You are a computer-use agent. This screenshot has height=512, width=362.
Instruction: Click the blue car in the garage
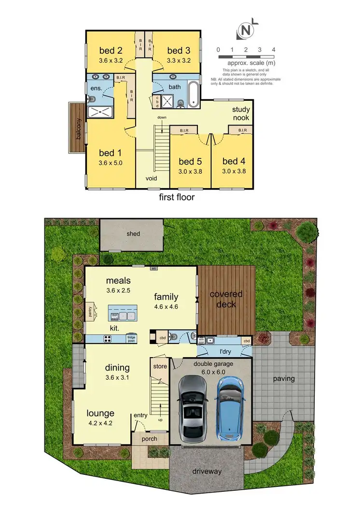pos(230,408)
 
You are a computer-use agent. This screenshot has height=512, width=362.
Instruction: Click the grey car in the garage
pos(193,409)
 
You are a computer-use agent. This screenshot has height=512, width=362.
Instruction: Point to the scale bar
pos(246,57)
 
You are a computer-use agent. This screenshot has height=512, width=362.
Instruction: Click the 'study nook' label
pos(240,113)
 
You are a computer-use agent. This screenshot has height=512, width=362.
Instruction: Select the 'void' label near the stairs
pos(152,178)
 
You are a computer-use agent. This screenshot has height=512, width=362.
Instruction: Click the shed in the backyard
pos(134,234)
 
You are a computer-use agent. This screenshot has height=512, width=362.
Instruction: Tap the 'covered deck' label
pos(226,299)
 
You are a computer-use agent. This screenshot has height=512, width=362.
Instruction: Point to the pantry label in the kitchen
pos(89,313)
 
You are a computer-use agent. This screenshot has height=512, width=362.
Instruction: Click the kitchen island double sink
pos(127,317)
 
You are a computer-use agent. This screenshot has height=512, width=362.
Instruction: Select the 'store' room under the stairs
pos(160,366)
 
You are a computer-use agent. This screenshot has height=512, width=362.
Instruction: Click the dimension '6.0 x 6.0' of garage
pos(210,372)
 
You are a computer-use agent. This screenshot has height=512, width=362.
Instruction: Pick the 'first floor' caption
pos(177,197)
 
